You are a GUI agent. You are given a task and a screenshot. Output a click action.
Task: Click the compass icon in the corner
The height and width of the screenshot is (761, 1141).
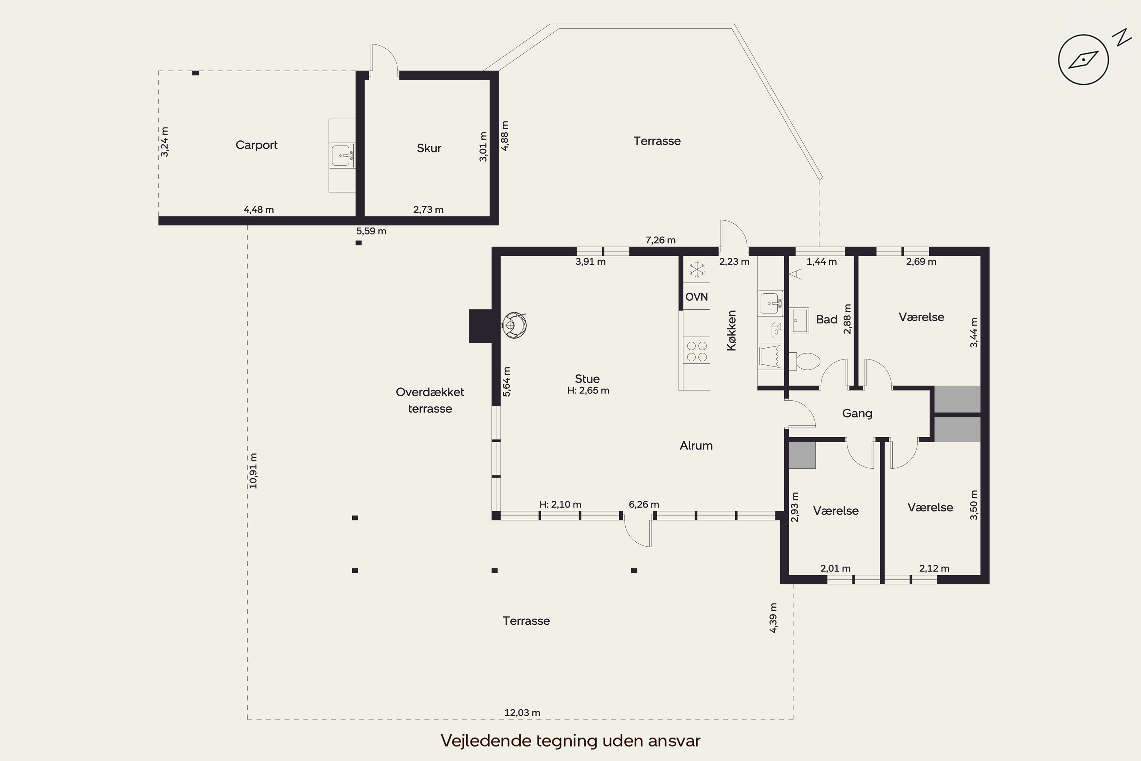tap(1083, 60)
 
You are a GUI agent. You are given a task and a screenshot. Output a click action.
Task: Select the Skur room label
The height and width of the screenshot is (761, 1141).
tap(429, 148)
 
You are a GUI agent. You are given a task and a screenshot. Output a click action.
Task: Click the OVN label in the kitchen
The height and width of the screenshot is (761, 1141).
tap(696, 296)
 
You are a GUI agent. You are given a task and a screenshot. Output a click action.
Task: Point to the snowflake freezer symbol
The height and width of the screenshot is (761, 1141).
tap(697, 269)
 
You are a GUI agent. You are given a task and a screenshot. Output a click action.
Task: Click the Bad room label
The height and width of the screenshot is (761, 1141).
tap(826, 319)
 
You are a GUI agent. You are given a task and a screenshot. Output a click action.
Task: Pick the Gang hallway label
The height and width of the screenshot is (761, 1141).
tap(857, 414)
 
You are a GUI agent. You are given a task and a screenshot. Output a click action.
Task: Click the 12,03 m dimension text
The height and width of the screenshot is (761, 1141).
tap(522, 712)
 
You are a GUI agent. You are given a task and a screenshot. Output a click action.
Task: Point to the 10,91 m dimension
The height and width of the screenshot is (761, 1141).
tap(253, 470)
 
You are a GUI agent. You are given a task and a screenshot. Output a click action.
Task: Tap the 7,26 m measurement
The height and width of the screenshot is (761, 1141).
tap(660, 240)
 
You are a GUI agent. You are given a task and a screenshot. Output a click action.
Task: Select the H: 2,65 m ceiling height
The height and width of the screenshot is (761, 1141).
tap(588, 390)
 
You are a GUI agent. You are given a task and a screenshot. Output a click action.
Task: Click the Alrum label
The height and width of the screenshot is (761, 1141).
tap(696, 446)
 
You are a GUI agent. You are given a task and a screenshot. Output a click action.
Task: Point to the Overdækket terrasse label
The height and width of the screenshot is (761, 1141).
tap(430, 400)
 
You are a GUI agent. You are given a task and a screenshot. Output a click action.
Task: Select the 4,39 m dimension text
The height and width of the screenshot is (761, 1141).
tap(773, 618)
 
